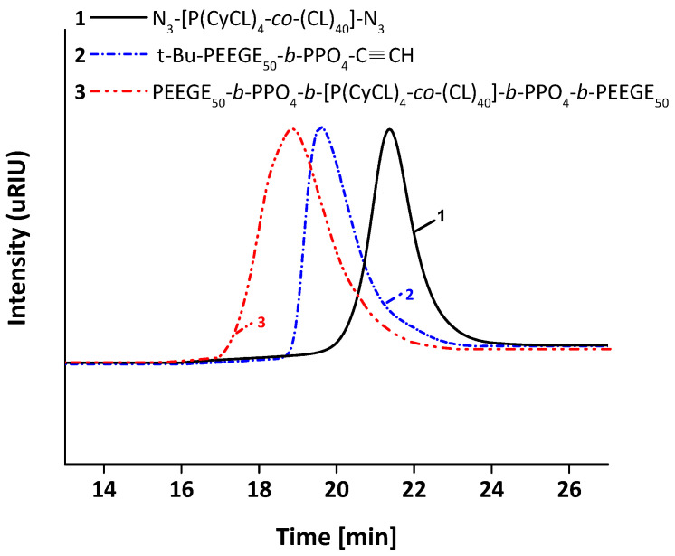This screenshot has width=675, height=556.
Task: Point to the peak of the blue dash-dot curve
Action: (320, 127)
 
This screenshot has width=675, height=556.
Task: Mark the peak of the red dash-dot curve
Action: (291, 128)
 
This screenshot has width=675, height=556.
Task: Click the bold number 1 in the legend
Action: (79, 16)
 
